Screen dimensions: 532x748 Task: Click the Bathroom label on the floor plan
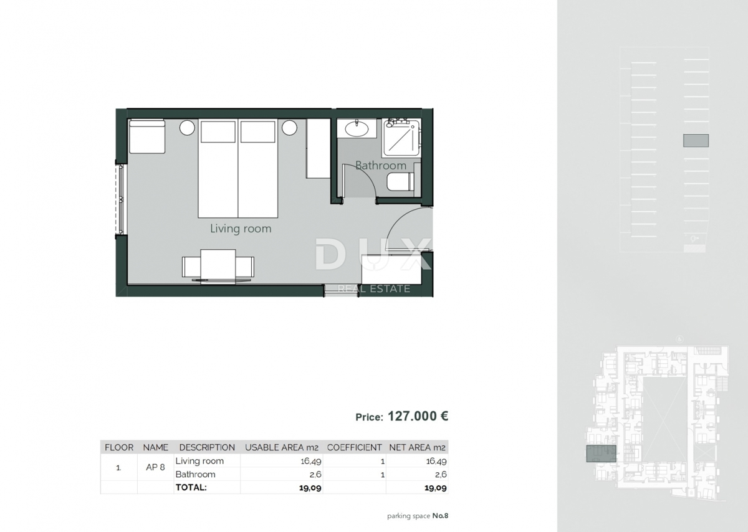(x=380, y=166)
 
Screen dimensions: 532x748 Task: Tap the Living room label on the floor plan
(x=241, y=229)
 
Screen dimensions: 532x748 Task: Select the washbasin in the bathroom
(x=357, y=129)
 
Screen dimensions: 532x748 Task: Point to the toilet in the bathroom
(x=400, y=182)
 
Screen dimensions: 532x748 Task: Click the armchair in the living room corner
(x=147, y=136)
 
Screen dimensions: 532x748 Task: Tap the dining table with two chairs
(x=218, y=267)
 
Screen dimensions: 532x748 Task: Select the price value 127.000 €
(x=418, y=416)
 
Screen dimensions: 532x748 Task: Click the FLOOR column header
(x=119, y=447)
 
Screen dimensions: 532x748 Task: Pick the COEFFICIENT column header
(x=354, y=447)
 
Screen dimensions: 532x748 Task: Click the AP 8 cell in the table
(x=156, y=467)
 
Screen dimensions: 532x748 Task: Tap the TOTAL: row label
(x=191, y=488)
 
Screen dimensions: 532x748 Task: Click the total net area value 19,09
(x=436, y=488)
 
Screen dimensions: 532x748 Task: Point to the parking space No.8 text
(x=418, y=516)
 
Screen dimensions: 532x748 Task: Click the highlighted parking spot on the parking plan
(x=696, y=141)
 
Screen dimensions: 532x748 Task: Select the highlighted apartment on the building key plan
(x=601, y=454)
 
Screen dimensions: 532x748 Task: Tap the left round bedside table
(x=187, y=128)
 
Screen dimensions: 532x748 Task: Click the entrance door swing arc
(x=408, y=227)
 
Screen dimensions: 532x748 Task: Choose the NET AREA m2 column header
(x=417, y=447)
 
